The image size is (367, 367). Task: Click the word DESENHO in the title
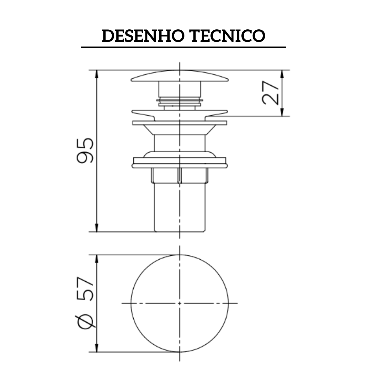pyautogui.click(x=143, y=36)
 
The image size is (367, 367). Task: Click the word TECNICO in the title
pyautogui.click(x=228, y=36)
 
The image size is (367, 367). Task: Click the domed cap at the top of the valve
pyautogui.click(x=180, y=76)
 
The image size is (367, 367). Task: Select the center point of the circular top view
pyautogui.click(x=180, y=303)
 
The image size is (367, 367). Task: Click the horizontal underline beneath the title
pyautogui.click(x=183, y=47)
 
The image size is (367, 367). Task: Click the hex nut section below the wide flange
pyautogui.click(x=180, y=176)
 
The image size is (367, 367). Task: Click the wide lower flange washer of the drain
pyautogui.click(x=180, y=162)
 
